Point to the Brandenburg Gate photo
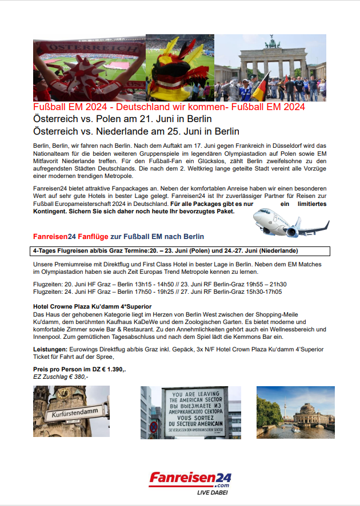tap(270, 67)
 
